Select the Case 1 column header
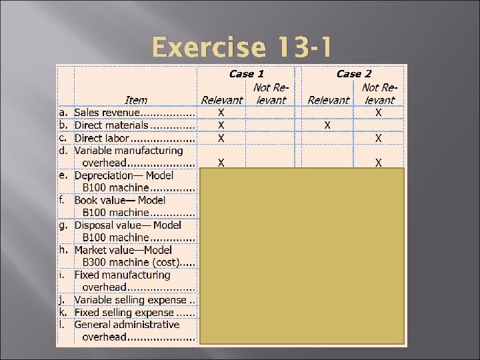coord(246,74)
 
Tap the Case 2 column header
coord(353,74)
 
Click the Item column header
coord(136,100)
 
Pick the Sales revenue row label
coord(111,113)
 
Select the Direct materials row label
coord(111,125)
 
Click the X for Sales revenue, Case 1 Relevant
coord(221,113)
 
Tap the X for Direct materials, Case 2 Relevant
coord(327,125)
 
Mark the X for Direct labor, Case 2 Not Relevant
coord(378,138)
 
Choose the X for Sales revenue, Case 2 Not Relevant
coord(378,113)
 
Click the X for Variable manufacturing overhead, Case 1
coord(221,162)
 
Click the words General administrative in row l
coord(127,325)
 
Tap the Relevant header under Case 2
coord(328,100)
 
